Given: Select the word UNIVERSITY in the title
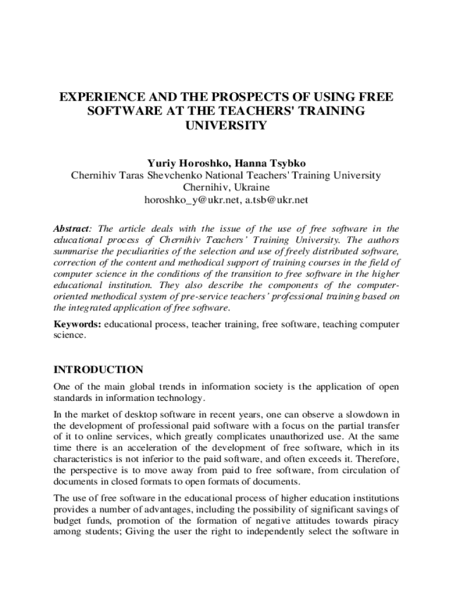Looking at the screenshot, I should pos(226,126).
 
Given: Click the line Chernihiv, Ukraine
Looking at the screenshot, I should pos(226,188).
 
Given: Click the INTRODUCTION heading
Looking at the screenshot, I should pos(98,370).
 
